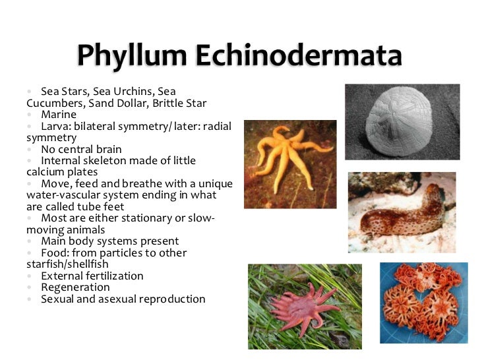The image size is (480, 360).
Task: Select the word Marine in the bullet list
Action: coord(59,115)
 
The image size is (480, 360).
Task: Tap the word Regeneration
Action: coord(75,287)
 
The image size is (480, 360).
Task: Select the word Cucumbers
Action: coord(53,103)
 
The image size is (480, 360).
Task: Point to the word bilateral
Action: coord(98,126)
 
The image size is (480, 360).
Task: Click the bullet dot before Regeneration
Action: coord(30,287)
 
